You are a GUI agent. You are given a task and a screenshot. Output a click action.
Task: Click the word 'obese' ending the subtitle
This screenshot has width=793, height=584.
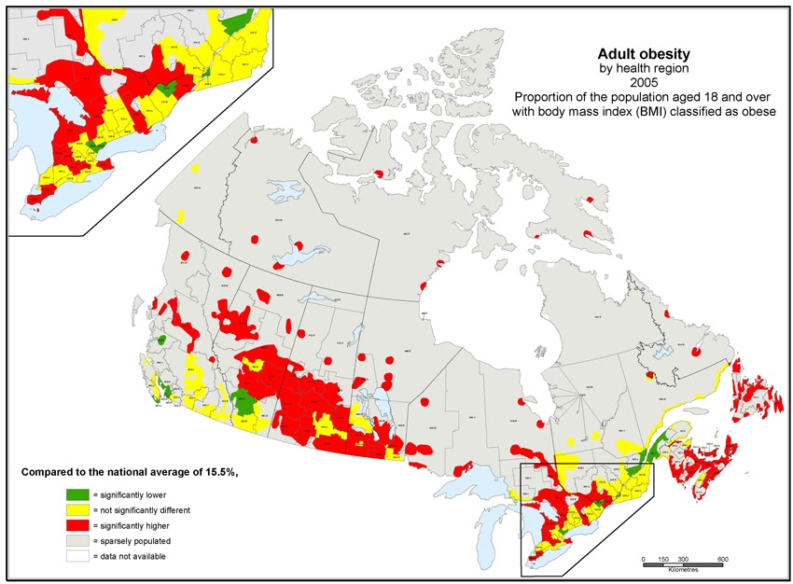760,112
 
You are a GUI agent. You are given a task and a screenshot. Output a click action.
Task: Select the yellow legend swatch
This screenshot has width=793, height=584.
77,510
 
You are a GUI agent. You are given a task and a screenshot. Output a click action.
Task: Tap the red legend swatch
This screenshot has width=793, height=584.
77,525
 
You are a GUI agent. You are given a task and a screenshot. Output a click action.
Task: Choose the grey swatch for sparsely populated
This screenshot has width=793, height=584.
77,541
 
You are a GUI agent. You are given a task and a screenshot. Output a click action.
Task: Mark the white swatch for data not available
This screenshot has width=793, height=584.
77,556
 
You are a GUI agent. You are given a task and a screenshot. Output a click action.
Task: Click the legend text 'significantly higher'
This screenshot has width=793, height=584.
133,525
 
